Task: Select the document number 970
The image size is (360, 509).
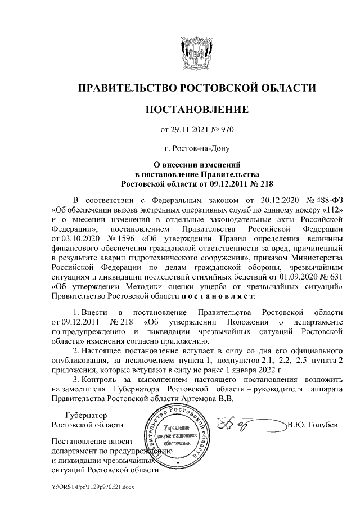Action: pyautogui.click(x=226, y=130)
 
